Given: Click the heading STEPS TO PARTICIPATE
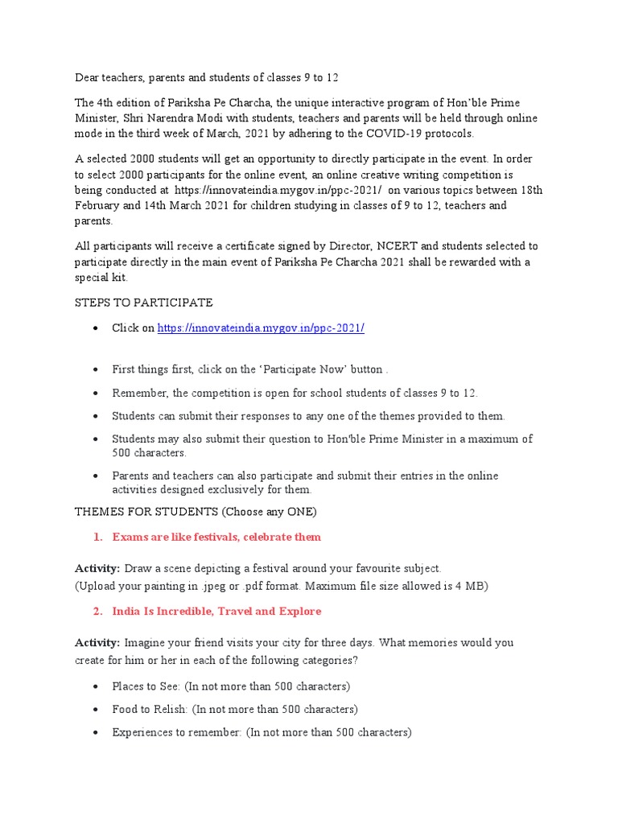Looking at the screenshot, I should pos(144,302).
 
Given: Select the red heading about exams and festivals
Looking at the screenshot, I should pos(216,537).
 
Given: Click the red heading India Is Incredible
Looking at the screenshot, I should pos(216,612).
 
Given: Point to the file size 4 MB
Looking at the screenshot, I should pos(472,586).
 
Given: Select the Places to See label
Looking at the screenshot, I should pos(146,686).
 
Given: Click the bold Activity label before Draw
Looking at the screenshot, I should pos(97,568).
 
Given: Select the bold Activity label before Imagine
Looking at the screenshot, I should pos(97,643).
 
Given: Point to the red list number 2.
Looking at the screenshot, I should pos(97,612).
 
